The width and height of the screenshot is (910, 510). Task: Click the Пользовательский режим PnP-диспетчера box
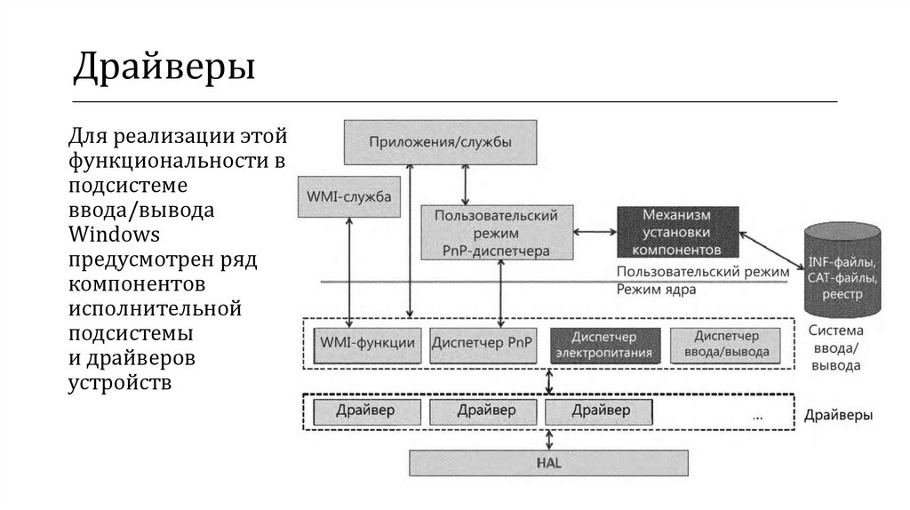click(x=497, y=233)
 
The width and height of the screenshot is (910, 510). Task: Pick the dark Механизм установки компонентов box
click(x=677, y=233)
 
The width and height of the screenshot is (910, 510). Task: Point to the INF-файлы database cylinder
click(x=842, y=270)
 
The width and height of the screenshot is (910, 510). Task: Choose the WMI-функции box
click(x=366, y=343)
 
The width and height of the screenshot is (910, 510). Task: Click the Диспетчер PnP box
click(x=483, y=343)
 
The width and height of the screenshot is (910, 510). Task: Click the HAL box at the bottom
click(x=547, y=463)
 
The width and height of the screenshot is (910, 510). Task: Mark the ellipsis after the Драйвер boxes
click(x=757, y=414)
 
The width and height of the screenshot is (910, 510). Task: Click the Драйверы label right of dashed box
click(x=838, y=415)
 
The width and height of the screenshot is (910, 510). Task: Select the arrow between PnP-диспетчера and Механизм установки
click(x=595, y=233)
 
